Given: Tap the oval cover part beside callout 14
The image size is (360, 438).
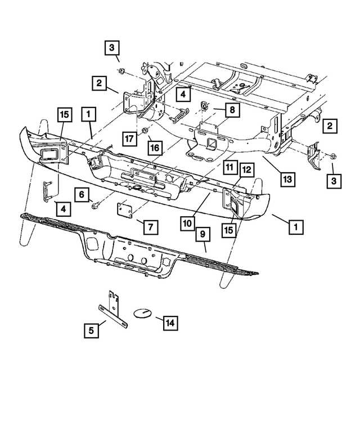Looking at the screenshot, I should (x=142, y=313).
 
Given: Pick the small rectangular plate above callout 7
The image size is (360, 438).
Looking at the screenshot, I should (x=124, y=210).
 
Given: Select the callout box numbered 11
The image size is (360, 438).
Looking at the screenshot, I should (x=229, y=168).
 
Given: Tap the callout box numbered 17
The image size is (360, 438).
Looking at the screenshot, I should (x=129, y=137).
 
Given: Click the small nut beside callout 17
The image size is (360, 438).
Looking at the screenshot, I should (x=145, y=131).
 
